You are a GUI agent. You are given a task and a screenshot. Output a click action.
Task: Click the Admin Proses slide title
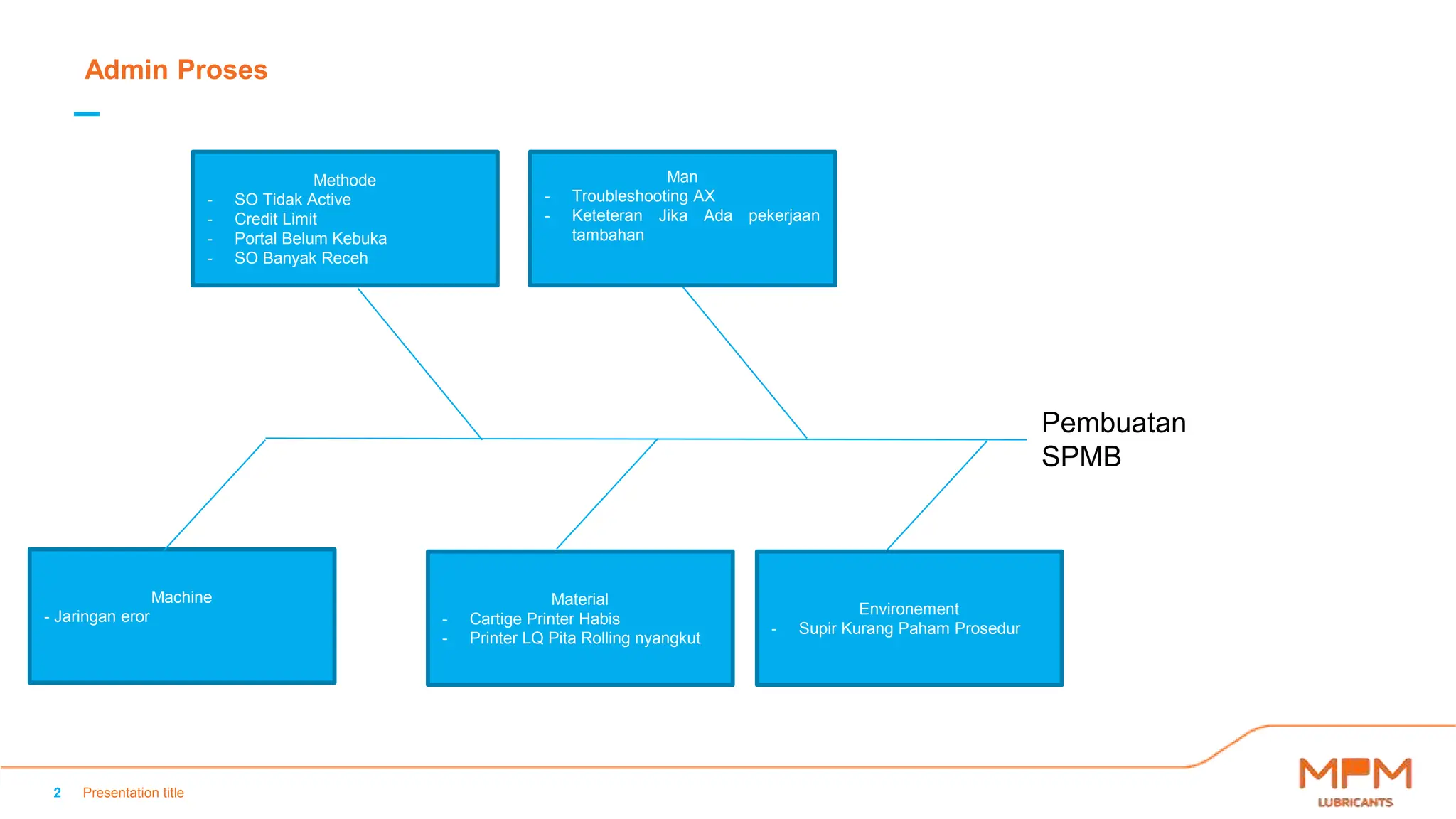pyautogui.click(x=176, y=70)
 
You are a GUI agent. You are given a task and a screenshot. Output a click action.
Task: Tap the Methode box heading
pyautogui.click(x=344, y=180)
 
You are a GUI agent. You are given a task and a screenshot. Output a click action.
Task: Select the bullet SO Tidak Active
pyautogui.click(x=292, y=200)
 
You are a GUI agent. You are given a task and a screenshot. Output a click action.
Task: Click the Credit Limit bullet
pyautogui.click(x=275, y=219)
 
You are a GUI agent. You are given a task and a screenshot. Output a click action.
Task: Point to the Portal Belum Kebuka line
pyautogui.click(x=310, y=239)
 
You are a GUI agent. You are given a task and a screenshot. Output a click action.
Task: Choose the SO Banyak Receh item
pyautogui.click(x=301, y=258)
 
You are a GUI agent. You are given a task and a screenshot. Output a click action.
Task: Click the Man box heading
pyautogui.click(x=682, y=176)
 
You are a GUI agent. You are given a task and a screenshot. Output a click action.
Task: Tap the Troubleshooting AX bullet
pyautogui.click(x=643, y=196)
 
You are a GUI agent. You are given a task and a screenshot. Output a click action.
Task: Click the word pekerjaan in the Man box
pyautogui.click(x=783, y=215)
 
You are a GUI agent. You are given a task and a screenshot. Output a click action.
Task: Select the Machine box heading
pyautogui.click(x=181, y=597)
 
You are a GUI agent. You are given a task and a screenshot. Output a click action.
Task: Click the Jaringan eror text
pyautogui.click(x=101, y=616)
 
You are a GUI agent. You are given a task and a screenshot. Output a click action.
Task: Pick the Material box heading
pyautogui.click(x=579, y=599)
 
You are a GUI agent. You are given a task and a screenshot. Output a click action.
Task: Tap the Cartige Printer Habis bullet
pyautogui.click(x=544, y=619)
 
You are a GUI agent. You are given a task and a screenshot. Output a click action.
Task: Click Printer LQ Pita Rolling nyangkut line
pyautogui.click(x=584, y=638)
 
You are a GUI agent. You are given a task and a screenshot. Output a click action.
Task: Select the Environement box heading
pyautogui.click(x=909, y=609)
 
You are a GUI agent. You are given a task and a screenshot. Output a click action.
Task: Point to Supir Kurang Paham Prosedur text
pyautogui.click(x=909, y=628)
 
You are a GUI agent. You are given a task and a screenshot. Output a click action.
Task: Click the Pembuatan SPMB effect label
pyautogui.click(x=1113, y=439)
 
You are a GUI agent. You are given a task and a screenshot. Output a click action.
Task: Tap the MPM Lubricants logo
pyautogui.click(x=1355, y=781)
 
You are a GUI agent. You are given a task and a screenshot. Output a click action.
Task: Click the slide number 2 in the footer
pyautogui.click(x=58, y=793)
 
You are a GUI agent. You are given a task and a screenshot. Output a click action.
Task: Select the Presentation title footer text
pyautogui.click(x=133, y=793)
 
